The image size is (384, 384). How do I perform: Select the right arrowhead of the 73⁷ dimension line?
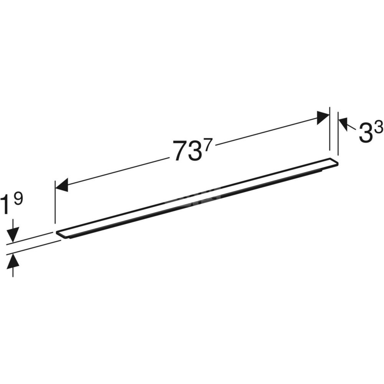tap(323, 118)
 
